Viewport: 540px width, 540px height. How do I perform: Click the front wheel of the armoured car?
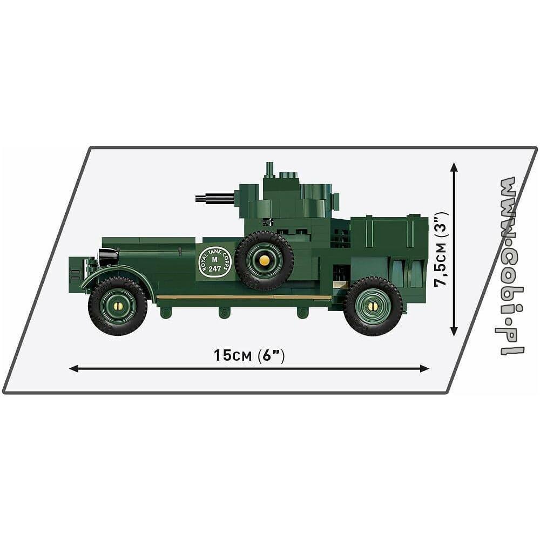(118, 306)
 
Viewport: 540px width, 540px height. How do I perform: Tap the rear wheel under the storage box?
(373, 306)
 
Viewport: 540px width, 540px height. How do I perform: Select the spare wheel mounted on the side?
(264, 260)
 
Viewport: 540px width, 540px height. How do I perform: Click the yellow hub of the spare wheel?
(264, 260)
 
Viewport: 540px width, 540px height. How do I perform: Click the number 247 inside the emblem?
(215, 268)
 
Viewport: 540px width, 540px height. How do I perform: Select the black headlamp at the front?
(108, 256)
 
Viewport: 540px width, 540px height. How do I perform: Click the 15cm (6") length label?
(249, 355)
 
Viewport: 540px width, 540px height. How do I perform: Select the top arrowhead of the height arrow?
(454, 167)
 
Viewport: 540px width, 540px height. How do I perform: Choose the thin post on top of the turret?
(269, 170)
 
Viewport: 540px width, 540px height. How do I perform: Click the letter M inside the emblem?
(215, 260)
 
